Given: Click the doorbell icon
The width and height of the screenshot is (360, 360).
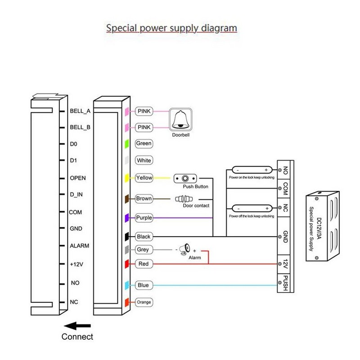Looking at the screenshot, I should click(x=180, y=119).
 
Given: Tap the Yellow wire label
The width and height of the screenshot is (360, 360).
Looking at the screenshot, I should click(x=144, y=178).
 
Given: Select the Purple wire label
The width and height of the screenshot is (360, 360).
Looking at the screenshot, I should click(x=144, y=218).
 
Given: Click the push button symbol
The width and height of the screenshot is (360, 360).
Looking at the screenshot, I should click(x=185, y=178).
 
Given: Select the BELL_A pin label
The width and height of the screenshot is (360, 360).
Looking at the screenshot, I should click(x=80, y=111).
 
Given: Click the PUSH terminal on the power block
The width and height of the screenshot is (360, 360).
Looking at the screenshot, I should click(x=285, y=283).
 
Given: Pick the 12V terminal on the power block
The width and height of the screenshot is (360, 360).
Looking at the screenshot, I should click(x=285, y=264).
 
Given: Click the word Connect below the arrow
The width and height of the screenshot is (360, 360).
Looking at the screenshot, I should click(x=77, y=337).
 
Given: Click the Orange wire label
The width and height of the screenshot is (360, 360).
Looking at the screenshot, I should click(x=144, y=302).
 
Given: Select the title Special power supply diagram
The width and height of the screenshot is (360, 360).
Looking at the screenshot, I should click(x=171, y=28).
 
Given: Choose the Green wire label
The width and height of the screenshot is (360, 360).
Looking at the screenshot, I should click(x=144, y=144).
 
